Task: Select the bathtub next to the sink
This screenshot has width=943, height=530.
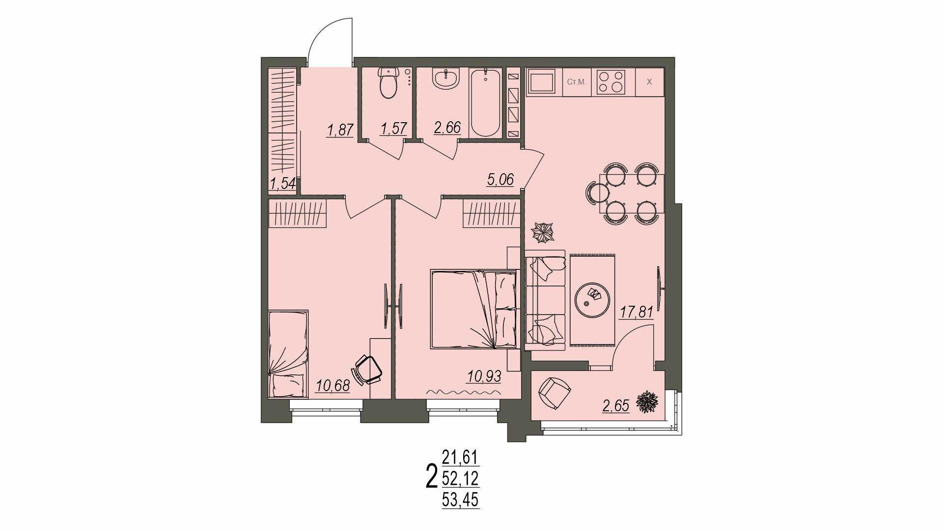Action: [x=485, y=103]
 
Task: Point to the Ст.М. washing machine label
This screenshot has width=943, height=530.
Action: [x=577, y=82]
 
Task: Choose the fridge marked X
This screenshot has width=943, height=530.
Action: [x=649, y=82]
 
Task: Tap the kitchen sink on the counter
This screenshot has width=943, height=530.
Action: [x=541, y=81]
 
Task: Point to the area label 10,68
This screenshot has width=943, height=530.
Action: [x=333, y=386]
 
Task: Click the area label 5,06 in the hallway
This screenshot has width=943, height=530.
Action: [x=500, y=180]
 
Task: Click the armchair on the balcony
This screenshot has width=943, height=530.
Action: [x=555, y=393]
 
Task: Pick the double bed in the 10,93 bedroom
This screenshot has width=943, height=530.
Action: [x=474, y=309]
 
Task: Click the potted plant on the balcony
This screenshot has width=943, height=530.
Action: [x=647, y=402]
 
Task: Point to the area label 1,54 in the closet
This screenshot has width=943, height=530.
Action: [x=282, y=184]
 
